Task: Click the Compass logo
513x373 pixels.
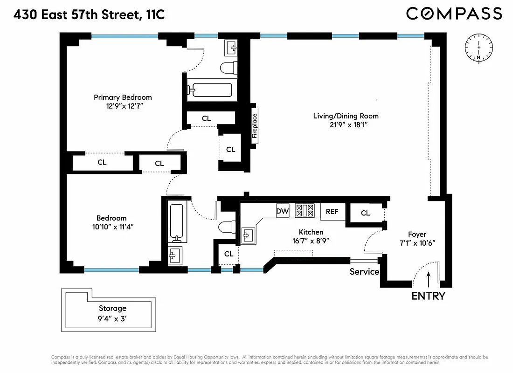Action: (454, 14)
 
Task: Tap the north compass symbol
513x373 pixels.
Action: (478, 48)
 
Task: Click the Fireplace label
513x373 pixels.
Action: (255, 124)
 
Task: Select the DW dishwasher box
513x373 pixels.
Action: (283, 211)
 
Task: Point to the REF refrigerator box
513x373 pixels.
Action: (332, 212)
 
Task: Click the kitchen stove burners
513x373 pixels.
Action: (305, 211)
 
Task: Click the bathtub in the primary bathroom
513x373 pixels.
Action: (209, 90)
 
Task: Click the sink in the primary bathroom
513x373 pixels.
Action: (232, 47)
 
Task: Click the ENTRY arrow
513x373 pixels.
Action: (428, 279)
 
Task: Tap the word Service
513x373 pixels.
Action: (364, 271)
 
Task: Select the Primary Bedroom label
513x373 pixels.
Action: (123, 97)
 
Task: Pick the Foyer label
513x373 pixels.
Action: (417, 235)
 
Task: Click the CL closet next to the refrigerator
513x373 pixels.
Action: (365, 213)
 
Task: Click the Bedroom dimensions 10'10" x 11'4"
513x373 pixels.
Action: (111, 227)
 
